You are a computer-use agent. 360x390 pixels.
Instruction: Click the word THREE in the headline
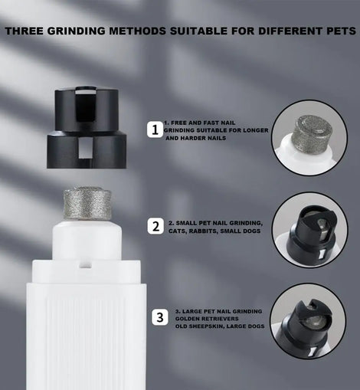[25, 31]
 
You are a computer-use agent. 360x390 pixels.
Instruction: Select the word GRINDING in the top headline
[77, 31]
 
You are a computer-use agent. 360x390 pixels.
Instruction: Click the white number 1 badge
[155, 129]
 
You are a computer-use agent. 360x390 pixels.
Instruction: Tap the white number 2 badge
[155, 226]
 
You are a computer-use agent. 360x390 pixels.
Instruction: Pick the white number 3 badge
[160, 317]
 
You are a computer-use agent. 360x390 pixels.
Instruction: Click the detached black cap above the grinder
[87, 128]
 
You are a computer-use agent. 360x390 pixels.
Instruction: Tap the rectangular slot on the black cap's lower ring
[83, 149]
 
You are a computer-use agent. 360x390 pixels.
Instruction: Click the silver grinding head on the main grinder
[87, 203]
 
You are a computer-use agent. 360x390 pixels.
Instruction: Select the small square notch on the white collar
[86, 264]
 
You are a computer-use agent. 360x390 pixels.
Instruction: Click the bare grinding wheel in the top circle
[310, 133]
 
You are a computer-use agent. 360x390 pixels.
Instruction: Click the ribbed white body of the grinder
[87, 336]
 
